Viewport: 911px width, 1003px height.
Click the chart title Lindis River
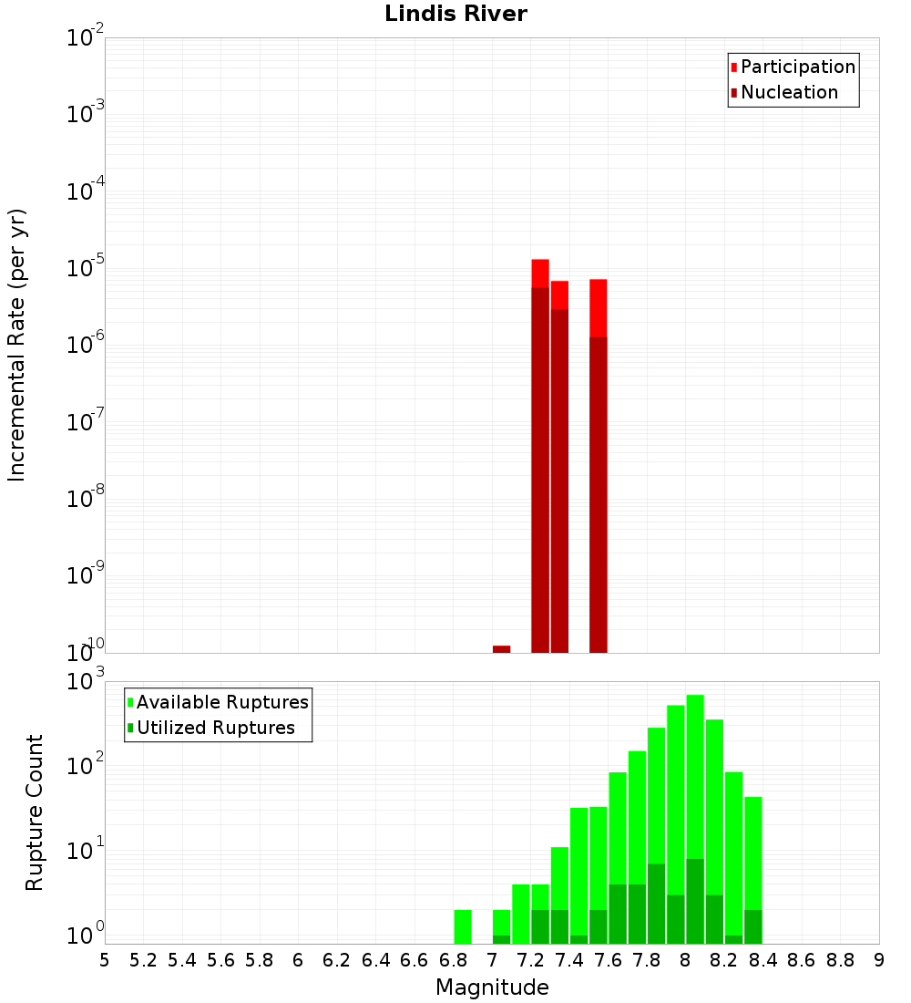[x=455, y=14]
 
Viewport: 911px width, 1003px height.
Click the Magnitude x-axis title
[x=492, y=987]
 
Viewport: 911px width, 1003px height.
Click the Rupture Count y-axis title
[x=35, y=812]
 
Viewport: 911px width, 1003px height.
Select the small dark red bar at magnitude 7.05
[x=501, y=648]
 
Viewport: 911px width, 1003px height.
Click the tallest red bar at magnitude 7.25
[x=540, y=456]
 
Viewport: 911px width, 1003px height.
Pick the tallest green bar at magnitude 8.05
[x=695, y=775]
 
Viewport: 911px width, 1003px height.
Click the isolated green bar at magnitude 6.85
[x=463, y=926]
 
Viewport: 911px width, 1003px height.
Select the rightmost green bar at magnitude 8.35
[x=752, y=866]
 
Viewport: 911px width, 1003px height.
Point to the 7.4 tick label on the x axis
[x=569, y=960]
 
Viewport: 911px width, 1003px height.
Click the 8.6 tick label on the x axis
[x=802, y=960]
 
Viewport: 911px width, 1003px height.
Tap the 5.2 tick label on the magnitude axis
[x=144, y=960]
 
